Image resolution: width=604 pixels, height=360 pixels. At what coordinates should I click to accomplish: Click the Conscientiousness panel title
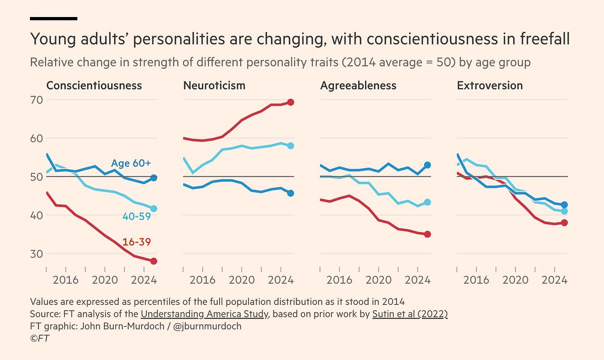click(x=94, y=86)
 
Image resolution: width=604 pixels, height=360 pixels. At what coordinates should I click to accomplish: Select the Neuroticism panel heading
click(x=214, y=86)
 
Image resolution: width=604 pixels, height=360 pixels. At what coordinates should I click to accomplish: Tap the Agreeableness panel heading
click(x=358, y=86)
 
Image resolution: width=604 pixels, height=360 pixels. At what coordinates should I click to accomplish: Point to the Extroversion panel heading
click(x=490, y=86)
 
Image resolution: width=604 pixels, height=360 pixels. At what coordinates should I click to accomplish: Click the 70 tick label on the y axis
click(x=36, y=100)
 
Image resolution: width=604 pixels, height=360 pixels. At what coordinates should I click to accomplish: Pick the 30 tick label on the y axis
click(x=36, y=253)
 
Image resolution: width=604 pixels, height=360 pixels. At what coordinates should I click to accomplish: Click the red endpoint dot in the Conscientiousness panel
click(x=153, y=261)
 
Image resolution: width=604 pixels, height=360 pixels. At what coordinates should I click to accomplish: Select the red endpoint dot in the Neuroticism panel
click(x=290, y=102)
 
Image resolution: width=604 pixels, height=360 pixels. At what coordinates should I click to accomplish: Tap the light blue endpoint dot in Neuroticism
click(x=290, y=146)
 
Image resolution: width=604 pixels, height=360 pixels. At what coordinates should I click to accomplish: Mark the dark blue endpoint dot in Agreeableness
click(x=427, y=165)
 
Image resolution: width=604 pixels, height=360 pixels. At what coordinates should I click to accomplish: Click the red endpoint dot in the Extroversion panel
click(x=564, y=223)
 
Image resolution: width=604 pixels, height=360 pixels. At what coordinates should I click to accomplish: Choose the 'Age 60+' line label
click(x=131, y=163)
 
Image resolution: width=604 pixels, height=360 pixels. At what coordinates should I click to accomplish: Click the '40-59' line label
click(x=136, y=216)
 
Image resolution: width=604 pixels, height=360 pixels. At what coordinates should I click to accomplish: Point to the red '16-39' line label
click(x=136, y=242)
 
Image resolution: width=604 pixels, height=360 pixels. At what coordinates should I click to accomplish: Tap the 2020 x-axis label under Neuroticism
click(x=242, y=280)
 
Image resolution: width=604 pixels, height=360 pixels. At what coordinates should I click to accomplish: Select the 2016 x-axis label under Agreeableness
click(x=339, y=280)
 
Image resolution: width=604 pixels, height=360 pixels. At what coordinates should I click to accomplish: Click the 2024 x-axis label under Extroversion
click(x=555, y=280)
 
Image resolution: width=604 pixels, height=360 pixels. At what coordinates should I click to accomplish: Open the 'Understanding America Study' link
click(x=205, y=314)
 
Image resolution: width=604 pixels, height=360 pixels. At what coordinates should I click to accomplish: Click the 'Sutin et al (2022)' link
click(x=410, y=314)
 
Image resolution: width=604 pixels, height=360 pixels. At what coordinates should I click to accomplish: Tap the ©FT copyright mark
click(x=39, y=338)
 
